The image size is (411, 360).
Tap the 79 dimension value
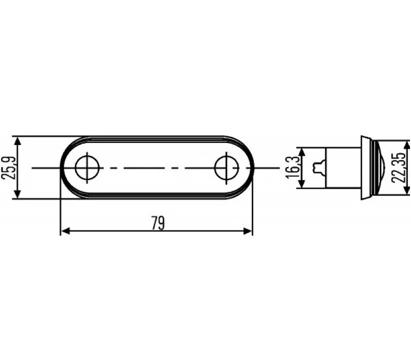[x=158, y=223]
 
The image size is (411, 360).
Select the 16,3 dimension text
[x=292, y=168]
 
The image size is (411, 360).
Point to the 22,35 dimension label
[x=399, y=168]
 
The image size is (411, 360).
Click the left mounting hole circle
[x=76, y=168]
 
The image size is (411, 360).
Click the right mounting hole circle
[x=215, y=168]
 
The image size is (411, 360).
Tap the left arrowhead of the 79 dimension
[x=65, y=231]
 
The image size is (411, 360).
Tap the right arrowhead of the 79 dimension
[x=248, y=231]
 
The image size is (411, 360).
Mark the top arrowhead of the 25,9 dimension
[x=17, y=141]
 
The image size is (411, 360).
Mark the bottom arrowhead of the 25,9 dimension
[x=17, y=194]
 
